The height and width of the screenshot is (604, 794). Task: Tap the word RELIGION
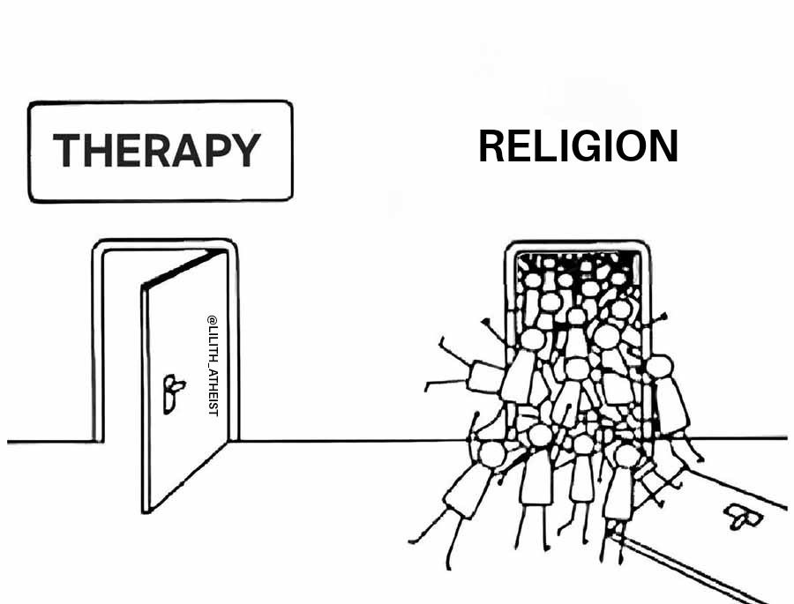click(x=578, y=146)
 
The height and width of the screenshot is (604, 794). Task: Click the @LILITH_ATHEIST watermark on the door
click(x=212, y=366)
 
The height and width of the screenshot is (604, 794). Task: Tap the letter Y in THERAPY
click(x=244, y=151)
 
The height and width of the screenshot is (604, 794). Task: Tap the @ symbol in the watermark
click(x=212, y=320)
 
